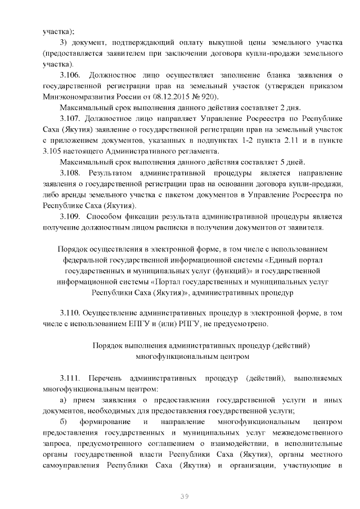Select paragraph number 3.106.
[70, 75]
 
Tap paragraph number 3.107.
[70, 119]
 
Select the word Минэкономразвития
[79, 97]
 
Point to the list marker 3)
[64, 42]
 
